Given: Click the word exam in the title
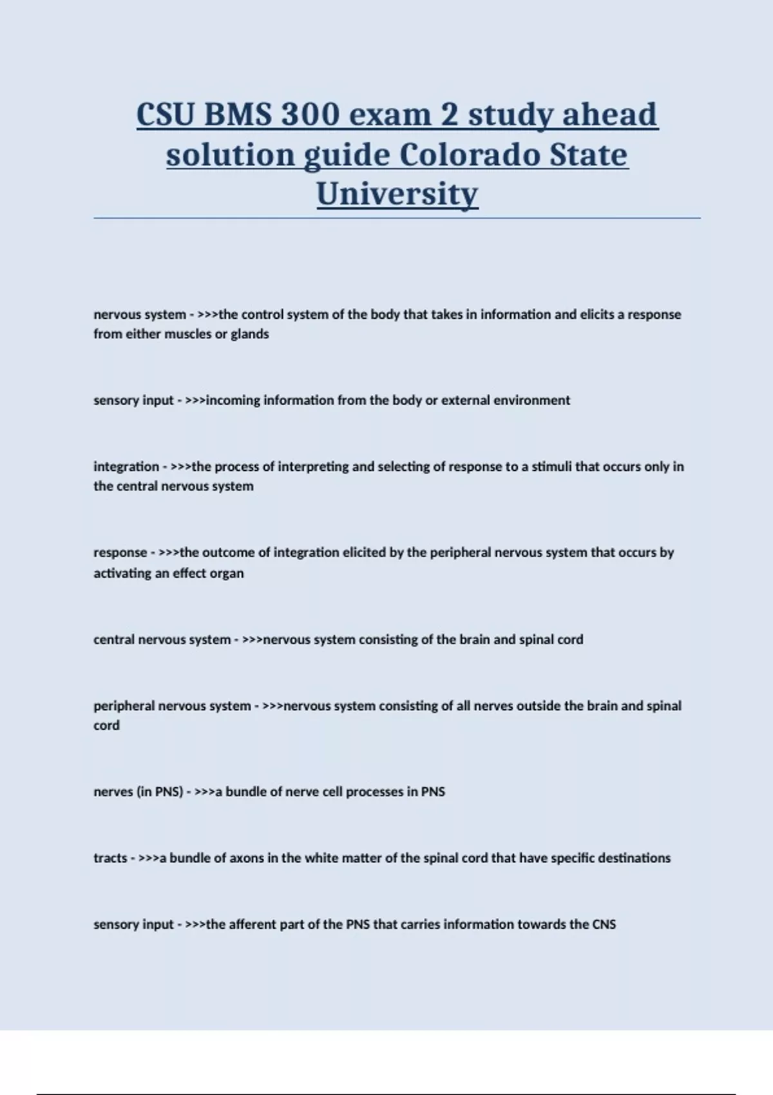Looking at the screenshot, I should [x=390, y=115].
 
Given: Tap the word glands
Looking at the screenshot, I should [x=250, y=334].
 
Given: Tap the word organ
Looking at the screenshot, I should [x=227, y=573].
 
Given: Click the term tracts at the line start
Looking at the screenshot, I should [x=110, y=859].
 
